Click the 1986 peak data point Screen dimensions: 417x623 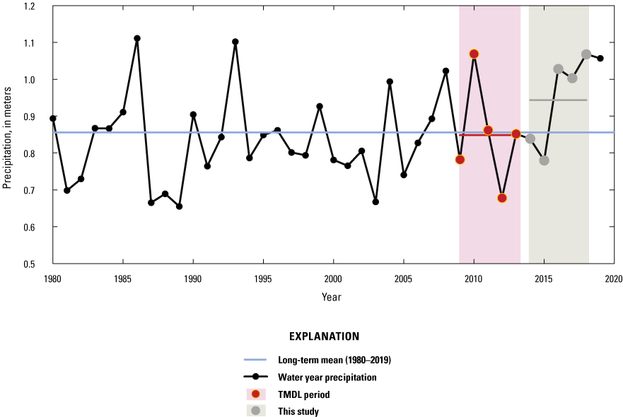click(137, 38)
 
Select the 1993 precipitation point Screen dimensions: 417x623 click(235, 42)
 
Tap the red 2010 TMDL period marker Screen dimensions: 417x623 click(474, 54)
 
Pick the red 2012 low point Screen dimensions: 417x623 click(502, 198)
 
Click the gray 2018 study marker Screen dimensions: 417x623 click(586, 54)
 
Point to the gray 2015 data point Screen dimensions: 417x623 click(544, 160)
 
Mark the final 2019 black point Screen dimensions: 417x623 click(600, 59)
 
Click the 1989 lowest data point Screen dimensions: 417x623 click(180, 206)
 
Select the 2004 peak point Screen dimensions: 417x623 click(390, 82)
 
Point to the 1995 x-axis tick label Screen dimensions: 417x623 click(263, 278)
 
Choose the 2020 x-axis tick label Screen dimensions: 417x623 click(613, 278)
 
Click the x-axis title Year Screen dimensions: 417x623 click(331, 297)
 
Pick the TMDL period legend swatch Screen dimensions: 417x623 click(256, 394)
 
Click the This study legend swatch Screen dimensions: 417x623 click(256, 411)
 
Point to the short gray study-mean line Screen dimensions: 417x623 click(558, 100)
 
